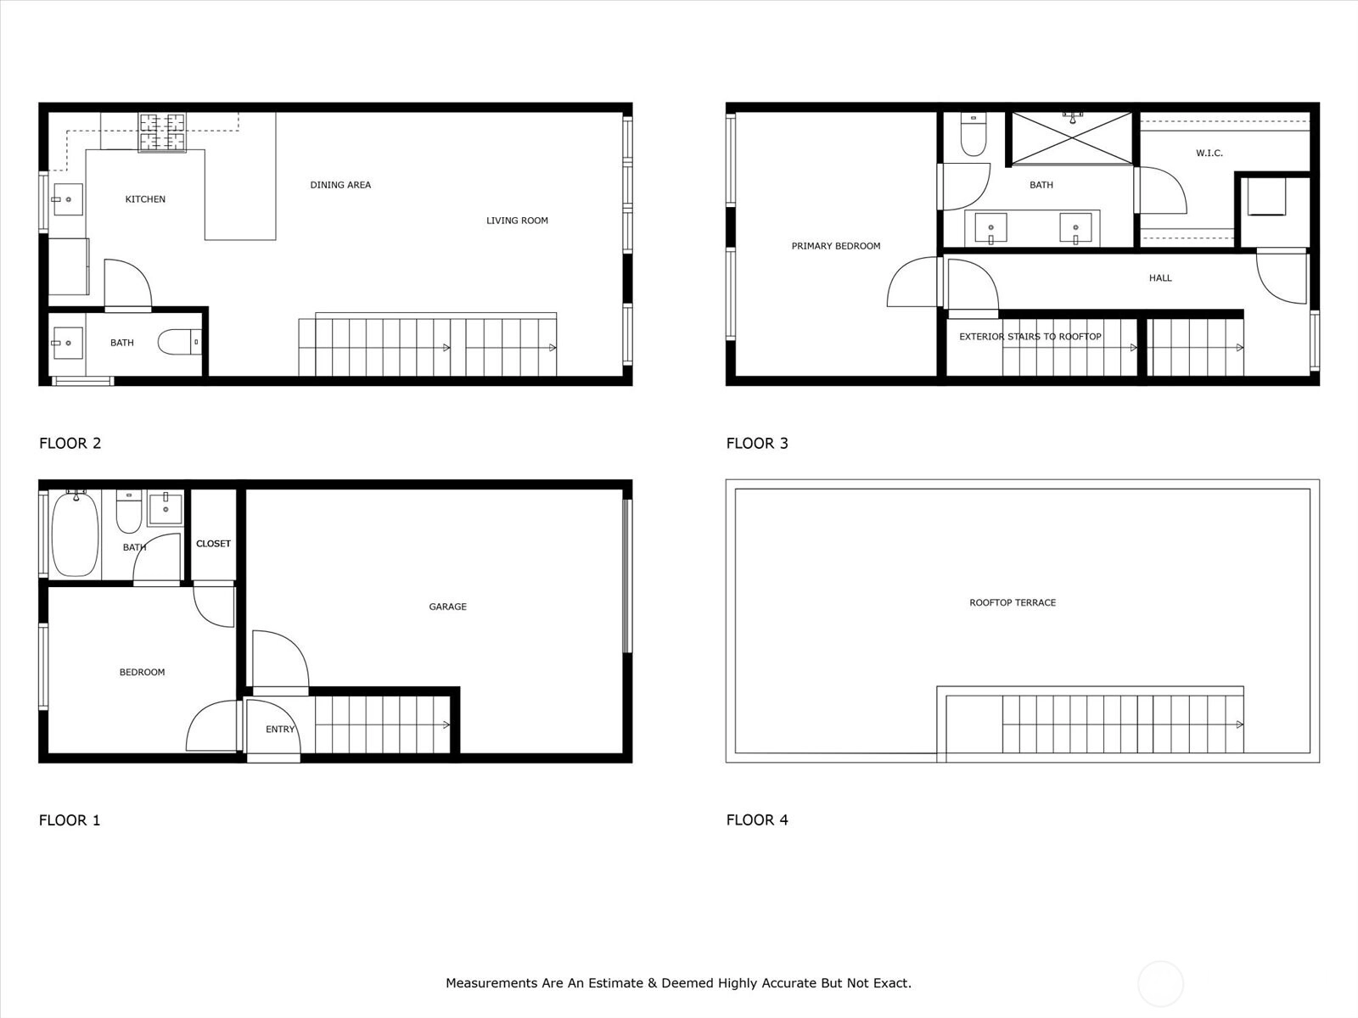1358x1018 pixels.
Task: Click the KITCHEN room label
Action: tap(145, 199)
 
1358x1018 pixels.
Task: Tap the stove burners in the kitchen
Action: tap(162, 132)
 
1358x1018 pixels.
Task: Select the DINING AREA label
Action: tap(340, 185)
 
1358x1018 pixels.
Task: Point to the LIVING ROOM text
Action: tap(517, 221)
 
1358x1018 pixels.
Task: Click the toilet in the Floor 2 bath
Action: tap(179, 342)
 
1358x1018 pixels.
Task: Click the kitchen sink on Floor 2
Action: tap(68, 199)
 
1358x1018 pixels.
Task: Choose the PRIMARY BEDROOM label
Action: tap(836, 246)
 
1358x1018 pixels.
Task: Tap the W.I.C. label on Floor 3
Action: tap(1209, 153)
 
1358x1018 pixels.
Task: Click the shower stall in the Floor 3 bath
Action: tap(1072, 138)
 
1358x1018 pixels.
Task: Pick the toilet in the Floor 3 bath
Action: tap(974, 134)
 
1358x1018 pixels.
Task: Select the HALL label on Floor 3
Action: tap(1160, 278)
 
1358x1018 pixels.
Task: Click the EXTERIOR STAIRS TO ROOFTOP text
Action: tap(1030, 337)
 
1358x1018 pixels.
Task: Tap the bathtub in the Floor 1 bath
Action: tap(75, 534)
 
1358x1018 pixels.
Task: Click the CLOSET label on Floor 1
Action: tap(213, 544)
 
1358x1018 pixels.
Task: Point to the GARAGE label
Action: tap(448, 607)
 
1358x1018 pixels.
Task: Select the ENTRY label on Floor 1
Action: tap(280, 730)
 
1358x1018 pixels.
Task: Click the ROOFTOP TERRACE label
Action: tap(1013, 602)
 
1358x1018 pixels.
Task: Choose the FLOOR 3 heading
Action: tap(757, 443)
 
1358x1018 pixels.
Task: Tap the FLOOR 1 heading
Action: tap(70, 820)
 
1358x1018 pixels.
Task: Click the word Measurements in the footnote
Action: tap(492, 982)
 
